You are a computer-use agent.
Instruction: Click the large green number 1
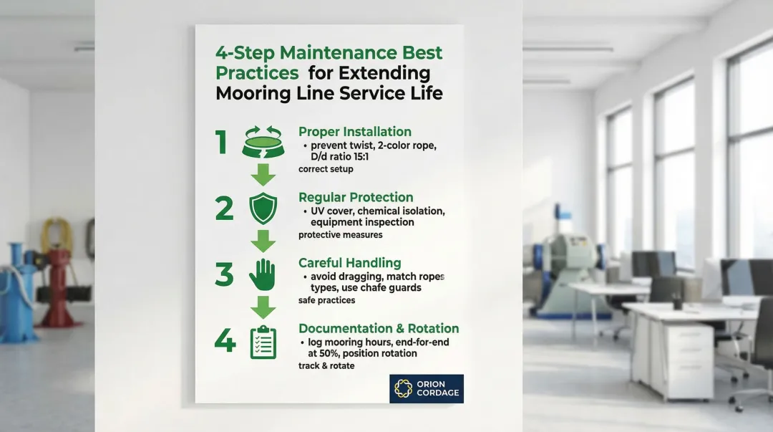pyautogui.click(x=221, y=142)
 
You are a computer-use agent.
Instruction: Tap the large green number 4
pyautogui.click(x=225, y=340)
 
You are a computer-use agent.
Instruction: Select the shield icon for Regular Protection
pyautogui.click(x=263, y=208)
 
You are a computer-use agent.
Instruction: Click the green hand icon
pyautogui.click(x=262, y=274)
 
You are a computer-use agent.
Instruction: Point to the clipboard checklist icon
pyautogui.click(x=263, y=342)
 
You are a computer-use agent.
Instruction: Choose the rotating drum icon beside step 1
pyautogui.click(x=263, y=143)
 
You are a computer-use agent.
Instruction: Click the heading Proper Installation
pyautogui.click(x=355, y=132)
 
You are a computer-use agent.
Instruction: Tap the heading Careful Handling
pyautogui.click(x=349, y=263)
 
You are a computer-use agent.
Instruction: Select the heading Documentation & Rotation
pyautogui.click(x=379, y=328)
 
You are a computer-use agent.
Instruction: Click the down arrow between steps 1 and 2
pyautogui.click(x=263, y=175)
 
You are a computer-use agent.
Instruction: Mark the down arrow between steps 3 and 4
pyautogui.click(x=263, y=307)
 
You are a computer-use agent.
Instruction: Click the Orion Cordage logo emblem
pyautogui.click(x=403, y=388)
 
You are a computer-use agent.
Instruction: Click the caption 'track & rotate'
pyautogui.click(x=326, y=366)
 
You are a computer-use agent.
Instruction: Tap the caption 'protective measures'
pyautogui.click(x=340, y=235)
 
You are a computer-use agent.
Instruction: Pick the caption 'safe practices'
pyautogui.click(x=326, y=300)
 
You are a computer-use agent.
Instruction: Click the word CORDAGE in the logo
pyautogui.click(x=438, y=393)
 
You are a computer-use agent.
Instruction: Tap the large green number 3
pyautogui.click(x=224, y=274)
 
